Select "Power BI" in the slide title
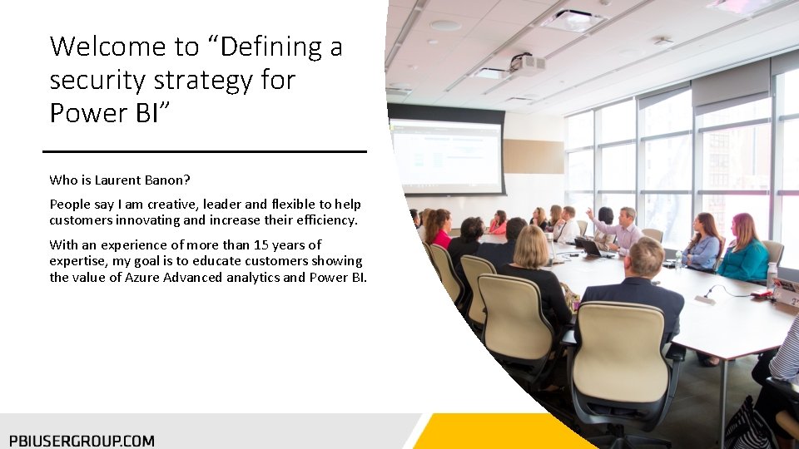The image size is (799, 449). (104, 112)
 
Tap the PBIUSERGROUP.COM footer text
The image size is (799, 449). (82, 441)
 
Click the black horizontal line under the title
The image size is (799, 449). (204, 151)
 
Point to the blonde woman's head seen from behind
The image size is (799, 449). (530, 247)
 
